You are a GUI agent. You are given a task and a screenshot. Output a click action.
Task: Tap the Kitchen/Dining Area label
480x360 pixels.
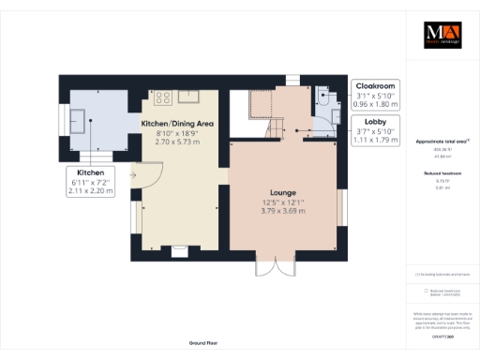(x=177, y=124)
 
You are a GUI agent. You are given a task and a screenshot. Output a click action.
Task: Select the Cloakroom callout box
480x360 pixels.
(x=375, y=95)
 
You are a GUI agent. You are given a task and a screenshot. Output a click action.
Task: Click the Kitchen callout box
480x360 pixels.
(x=91, y=182)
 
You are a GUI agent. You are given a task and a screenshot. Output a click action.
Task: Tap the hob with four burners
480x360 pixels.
(x=161, y=95)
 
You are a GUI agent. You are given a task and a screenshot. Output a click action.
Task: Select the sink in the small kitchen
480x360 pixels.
(x=79, y=117)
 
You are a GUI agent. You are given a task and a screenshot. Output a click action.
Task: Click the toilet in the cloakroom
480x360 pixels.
(x=324, y=94)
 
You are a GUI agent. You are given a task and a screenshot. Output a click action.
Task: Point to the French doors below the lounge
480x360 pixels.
(x=270, y=269)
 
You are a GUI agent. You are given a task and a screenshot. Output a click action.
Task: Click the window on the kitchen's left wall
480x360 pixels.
(x=64, y=120)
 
